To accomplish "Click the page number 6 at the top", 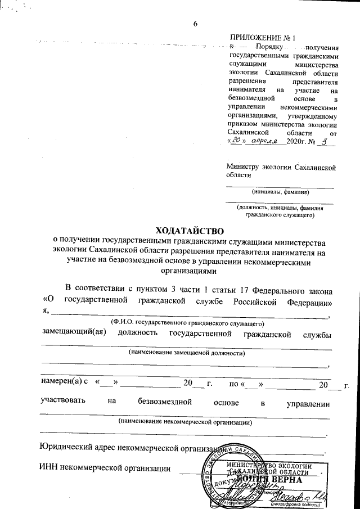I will coord(196,23).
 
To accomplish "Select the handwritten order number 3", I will coord(322,142).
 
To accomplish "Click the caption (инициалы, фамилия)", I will coord(281,191).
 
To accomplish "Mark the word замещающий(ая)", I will coord(75,335).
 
